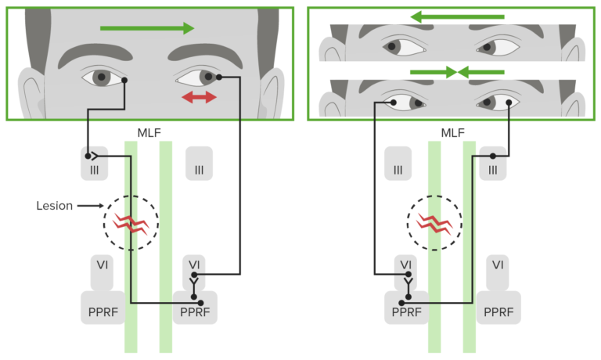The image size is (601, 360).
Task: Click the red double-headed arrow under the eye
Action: (x=200, y=97)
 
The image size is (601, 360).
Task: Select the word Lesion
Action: (x=54, y=206)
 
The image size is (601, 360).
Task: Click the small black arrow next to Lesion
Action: (x=89, y=206)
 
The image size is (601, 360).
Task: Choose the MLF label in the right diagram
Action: (x=452, y=133)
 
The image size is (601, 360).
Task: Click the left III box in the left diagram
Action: (x=94, y=164)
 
